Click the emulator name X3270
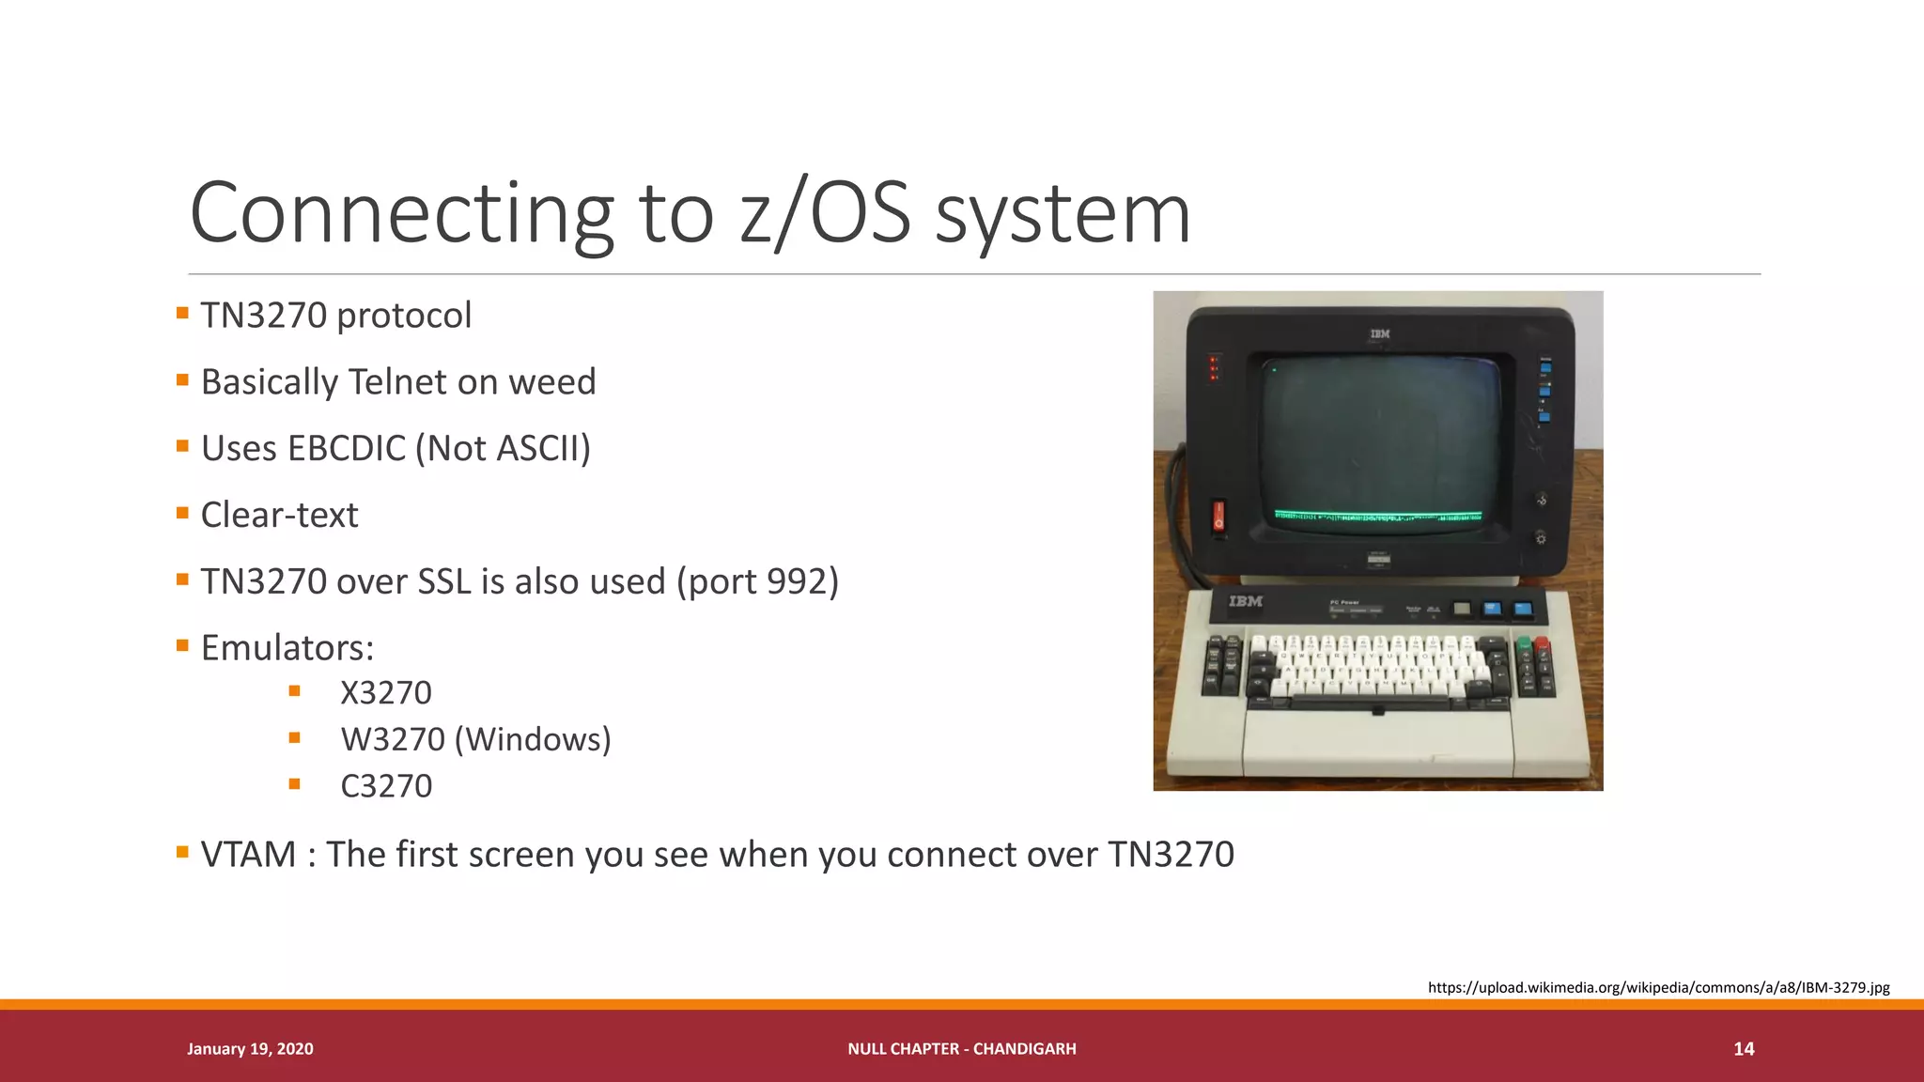(385, 693)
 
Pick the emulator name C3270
(385, 786)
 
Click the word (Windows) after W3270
(532, 740)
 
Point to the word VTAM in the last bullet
(248, 855)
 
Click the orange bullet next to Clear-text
(182, 513)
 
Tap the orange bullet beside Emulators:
(182, 645)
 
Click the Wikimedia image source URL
(1658, 987)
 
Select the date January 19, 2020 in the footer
(250, 1049)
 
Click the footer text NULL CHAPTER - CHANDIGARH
(961, 1049)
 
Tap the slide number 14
(1744, 1049)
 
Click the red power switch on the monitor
(1218, 516)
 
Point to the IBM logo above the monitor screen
(1379, 333)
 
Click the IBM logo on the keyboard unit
(1245, 601)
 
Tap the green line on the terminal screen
(1377, 515)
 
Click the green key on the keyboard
(1523, 643)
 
